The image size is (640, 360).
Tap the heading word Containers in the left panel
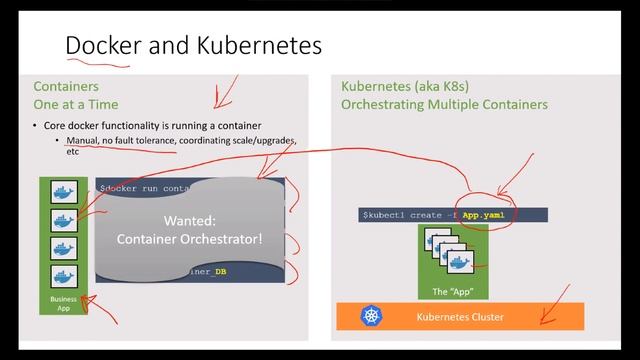[66, 87]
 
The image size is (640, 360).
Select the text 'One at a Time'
[76, 104]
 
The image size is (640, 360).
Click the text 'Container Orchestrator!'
[190, 238]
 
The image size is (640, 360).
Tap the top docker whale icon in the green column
[64, 192]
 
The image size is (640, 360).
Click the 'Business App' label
[64, 303]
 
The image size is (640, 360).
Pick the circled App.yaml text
[487, 214]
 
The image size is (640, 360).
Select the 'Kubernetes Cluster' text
[460, 317]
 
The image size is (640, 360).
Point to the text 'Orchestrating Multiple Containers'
[444, 104]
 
